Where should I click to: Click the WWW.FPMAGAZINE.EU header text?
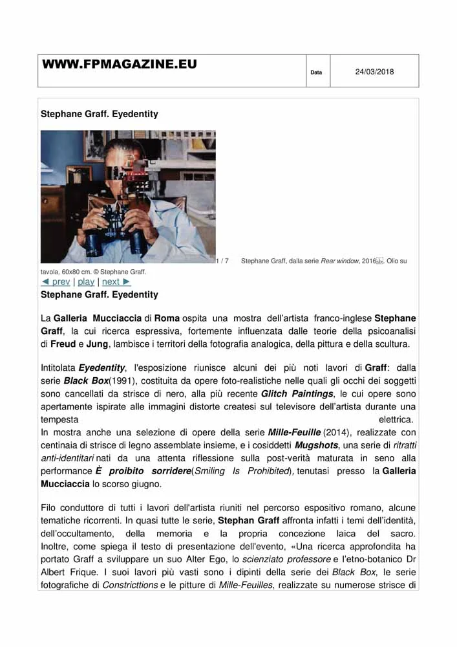click(120, 65)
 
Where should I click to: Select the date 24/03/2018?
click(374, 72)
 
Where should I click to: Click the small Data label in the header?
click(316, 72)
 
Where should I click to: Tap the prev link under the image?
click(56, 281)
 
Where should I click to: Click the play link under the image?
click(86, 281)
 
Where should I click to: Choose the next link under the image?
click(116, 281)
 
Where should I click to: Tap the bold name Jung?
click(97, 344)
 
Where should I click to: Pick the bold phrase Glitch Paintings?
click(298, 394)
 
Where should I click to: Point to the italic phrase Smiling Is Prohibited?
click(240, 471)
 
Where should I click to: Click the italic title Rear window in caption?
click(340, 261)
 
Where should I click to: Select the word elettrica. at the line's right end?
click(397, 419)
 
